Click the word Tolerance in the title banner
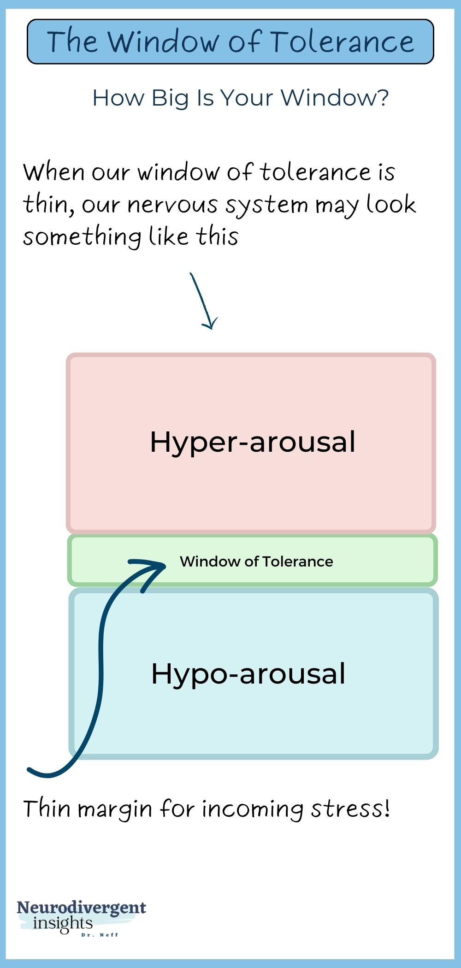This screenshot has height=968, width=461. coord(342,41)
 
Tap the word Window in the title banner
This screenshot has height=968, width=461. coord(164,41)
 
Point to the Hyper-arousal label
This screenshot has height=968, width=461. coord(253,442)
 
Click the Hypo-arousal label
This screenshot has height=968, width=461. coord(248,673)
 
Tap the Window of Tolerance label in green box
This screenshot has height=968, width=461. coord(256,561)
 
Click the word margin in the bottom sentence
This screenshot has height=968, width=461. coord(115,810)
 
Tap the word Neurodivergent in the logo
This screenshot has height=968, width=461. coord(82,908)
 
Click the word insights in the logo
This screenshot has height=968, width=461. coord(63,923)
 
